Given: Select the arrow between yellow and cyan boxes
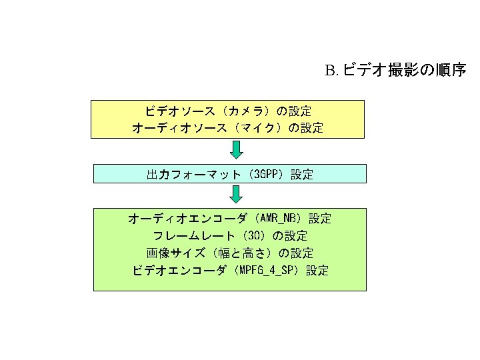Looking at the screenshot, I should tap(236, 151).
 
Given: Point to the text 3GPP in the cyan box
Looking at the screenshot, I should tap(265, 175).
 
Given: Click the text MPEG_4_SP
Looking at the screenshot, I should tap(269, 271).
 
